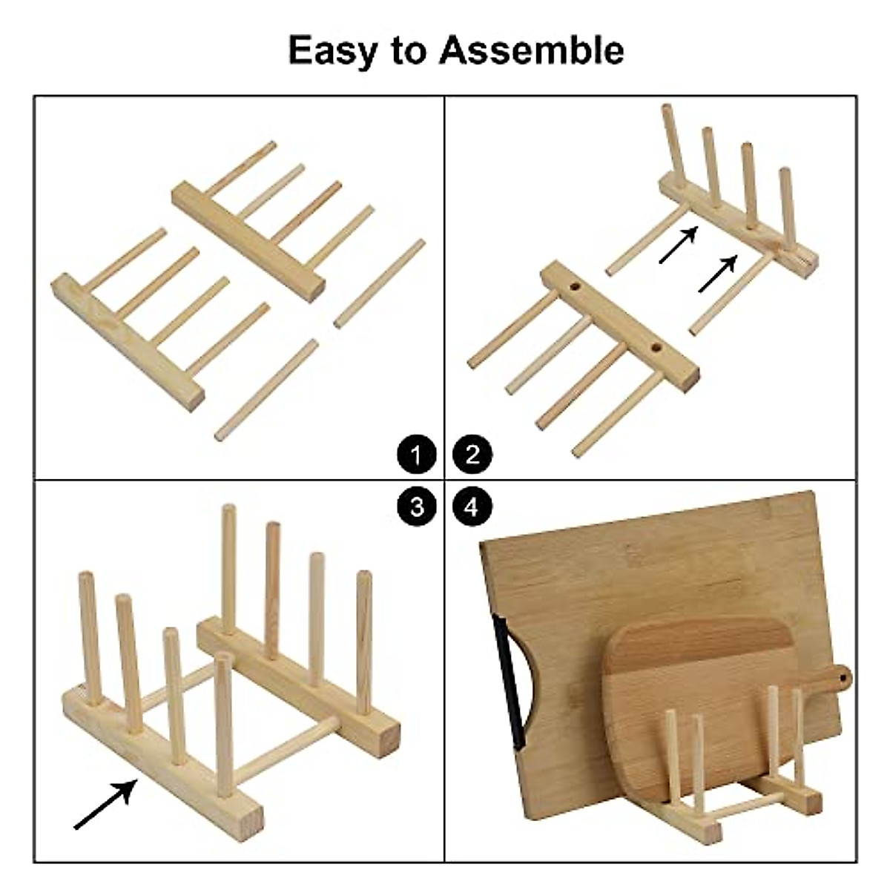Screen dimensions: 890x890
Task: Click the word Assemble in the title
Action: [x=531, y=50]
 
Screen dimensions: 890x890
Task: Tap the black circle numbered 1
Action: [x=417, y=454]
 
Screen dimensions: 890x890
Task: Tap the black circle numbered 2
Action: [x=472, y=454]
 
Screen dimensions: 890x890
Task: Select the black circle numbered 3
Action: [x=417, y=507]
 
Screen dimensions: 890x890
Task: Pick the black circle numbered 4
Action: [x=472, y=507]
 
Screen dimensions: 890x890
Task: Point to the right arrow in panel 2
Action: [x=718, y=273]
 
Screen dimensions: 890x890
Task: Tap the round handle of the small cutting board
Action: [x=840, y=677]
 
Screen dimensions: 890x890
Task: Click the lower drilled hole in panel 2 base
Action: [x=657, y=346]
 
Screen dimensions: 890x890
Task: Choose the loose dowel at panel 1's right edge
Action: [x=379, y=283]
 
